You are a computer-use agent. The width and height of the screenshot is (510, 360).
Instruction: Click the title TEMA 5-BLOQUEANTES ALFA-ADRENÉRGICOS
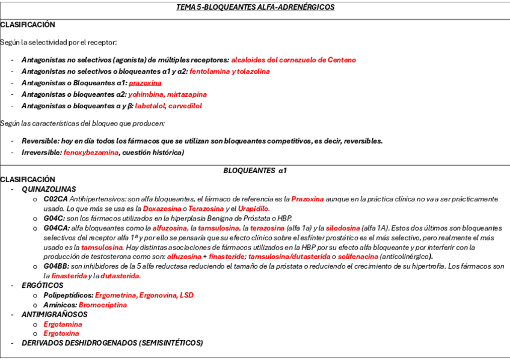255,7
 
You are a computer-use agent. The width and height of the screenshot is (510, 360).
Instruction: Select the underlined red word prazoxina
145,83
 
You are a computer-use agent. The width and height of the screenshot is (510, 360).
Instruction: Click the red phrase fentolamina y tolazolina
229,72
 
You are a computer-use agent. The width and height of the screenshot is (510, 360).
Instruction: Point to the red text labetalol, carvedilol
168,106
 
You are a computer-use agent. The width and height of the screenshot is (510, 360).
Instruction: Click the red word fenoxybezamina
91,153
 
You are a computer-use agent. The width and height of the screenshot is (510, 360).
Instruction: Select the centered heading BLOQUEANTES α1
255,171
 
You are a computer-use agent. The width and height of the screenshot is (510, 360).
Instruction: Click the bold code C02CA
55,199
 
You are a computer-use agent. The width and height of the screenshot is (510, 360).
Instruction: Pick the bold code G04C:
54,218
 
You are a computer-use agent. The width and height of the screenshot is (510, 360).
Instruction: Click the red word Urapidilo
253,209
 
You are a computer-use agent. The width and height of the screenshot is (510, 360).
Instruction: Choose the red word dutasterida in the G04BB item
120,276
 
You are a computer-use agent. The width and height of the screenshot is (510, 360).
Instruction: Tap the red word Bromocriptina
103,305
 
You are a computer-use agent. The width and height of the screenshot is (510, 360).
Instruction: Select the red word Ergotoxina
61,334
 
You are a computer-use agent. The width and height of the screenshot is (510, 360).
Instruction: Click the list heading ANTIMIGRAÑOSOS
54,314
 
